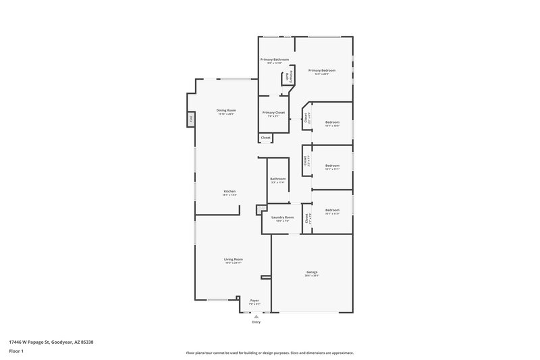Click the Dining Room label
(x=226, y=110)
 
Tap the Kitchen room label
(x=230, y=192)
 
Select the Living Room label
(x=234, y=259)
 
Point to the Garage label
(x=312, y=272)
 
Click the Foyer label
(x=254, y=301)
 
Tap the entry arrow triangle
(x=256, y=316)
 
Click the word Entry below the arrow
(x=256, y=322)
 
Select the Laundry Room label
(x=281, y=217)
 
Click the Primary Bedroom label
(x=322, y=70)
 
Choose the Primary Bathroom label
(x=275, y=60)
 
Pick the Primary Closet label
(x=273, y=113)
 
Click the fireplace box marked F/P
(x=191, y=119)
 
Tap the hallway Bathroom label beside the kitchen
(x=278, y=179)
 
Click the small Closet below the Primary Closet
(x=266, y=138)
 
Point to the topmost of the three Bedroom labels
(x=332, y=123)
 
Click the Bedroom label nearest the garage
(x=332, y=210)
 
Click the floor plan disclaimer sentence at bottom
(x=269, y=353)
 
